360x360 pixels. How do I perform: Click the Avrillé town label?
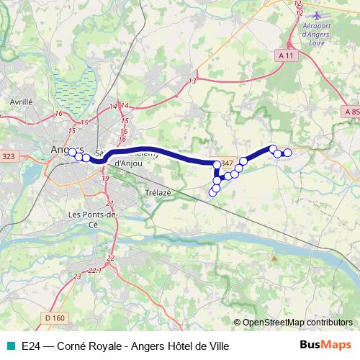pyautogui.click(x=22, y=102)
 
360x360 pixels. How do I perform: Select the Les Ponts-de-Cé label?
pyautogui.click(x=91, y=219)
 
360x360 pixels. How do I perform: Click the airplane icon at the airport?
pyautogui.click(x=315, y=14)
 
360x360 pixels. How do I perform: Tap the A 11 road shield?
pyautogui.click(x=287, y=55)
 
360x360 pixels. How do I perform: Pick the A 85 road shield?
pyautogui.click(x=351, y=112)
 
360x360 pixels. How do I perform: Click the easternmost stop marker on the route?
pyautogui.click(x=287, y=152)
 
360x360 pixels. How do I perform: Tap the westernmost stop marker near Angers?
pyautogui.click(x=71, y=152)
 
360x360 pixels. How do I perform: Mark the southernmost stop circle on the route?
pyautogui.click(x=212, y=192)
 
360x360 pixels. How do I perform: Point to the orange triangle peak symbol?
pyautogui.click(x=274, y=257)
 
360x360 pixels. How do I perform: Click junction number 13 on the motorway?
pyautogui.click(x=192, y=81)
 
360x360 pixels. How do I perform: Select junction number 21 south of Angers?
pyautogui.click(x=109, y=204)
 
